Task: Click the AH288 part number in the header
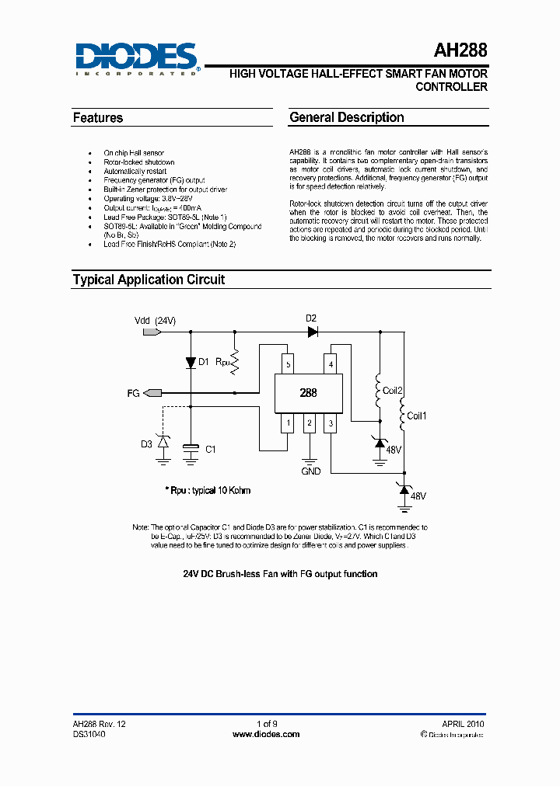coord(460,51)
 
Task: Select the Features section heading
coord(98,118)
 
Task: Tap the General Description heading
coord(347,118)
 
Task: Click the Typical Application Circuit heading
coord(149,280)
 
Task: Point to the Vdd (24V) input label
coord(156,321)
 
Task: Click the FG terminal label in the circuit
coord(133,394)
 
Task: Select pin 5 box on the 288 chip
coord(289,364)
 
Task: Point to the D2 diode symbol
coord(313,332)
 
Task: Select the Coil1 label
coord(417,416)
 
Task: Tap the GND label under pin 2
coord(310,471)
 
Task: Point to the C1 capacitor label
coord(210,449)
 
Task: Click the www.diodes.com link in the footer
coord(266,733)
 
